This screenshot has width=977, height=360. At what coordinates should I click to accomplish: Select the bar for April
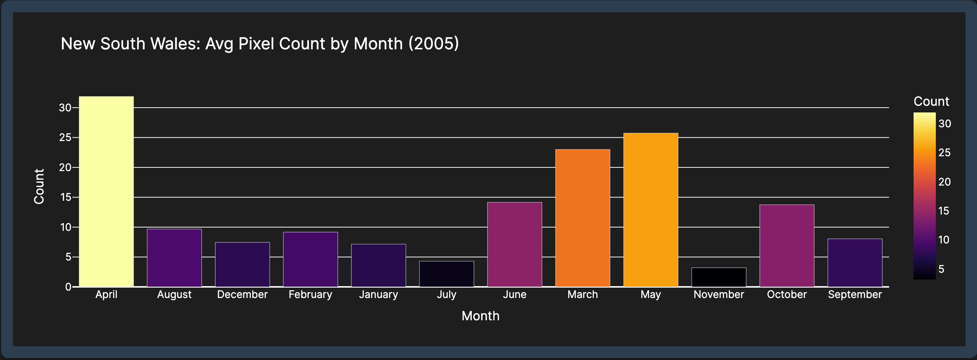point(106,192)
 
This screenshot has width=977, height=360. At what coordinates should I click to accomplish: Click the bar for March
point(583,218)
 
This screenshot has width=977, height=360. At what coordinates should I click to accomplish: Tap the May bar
point(651,210)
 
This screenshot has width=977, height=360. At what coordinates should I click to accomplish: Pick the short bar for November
point(719,277)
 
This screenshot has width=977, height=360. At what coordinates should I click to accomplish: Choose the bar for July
point(447,274)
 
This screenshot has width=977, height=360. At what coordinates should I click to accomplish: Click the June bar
point(515,245)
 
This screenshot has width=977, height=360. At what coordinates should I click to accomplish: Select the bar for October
point(787,246)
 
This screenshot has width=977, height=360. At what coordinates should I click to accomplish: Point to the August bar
point(174,258)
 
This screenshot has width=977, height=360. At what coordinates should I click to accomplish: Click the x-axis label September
point(855,295)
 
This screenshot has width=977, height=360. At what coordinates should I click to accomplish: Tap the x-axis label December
point(242,295)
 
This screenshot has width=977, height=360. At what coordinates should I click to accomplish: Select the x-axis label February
point(310,295)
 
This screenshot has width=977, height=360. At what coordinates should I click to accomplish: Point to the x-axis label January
point(378,295)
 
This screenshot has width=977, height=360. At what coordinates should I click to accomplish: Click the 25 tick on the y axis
point(65,137)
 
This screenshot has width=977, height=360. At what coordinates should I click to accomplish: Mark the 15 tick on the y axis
point(65,197)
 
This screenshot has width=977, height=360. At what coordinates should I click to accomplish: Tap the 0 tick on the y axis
point(68,287)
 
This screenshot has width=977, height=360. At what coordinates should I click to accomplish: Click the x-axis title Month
point(481,316)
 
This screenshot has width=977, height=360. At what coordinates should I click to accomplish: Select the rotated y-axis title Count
point(39,187)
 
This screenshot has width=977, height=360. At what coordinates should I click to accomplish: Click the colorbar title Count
point(931,101)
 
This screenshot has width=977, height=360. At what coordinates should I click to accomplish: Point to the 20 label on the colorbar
point(944,182)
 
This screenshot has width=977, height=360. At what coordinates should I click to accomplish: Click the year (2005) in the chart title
point(434,44)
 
